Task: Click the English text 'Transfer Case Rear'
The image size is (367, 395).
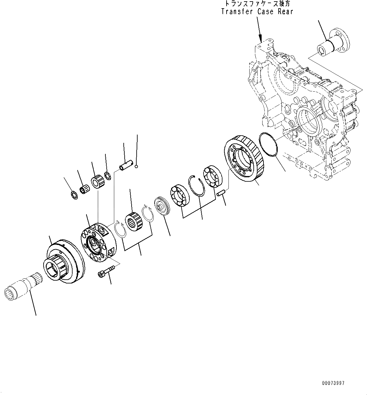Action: click(x=257, y=12)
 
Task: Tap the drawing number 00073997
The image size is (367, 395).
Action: click(x=333, y=383)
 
